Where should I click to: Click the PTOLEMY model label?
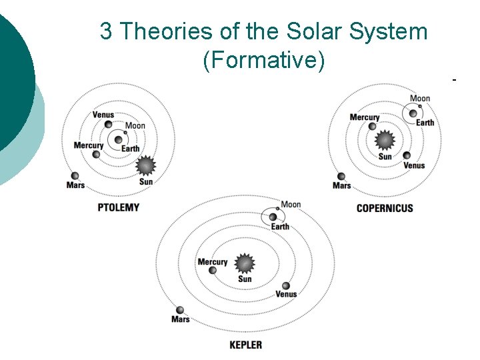coord(119,207)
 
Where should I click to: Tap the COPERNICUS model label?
coord(385,208)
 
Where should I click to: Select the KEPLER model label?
coord(245,345)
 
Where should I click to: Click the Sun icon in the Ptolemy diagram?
coord(145,165)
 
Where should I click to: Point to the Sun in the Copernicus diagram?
coord(385,141)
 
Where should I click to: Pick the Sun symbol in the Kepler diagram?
coord(245,263)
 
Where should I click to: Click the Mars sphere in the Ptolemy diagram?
coord(73,176)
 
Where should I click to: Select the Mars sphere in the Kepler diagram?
coord(179,310)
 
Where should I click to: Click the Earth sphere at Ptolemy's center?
coord(119,139)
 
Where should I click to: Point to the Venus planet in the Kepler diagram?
coord(285,286)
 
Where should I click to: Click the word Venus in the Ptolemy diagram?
coord(103,115)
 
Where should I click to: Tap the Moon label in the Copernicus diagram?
coord(420,99)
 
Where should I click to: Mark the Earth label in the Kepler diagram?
coord(280,227)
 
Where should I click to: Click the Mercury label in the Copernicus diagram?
coord(365,117)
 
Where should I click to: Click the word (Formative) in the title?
coord(264,60)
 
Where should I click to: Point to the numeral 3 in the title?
coord(106,31)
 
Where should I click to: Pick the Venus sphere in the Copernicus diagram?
coord(407,156)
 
